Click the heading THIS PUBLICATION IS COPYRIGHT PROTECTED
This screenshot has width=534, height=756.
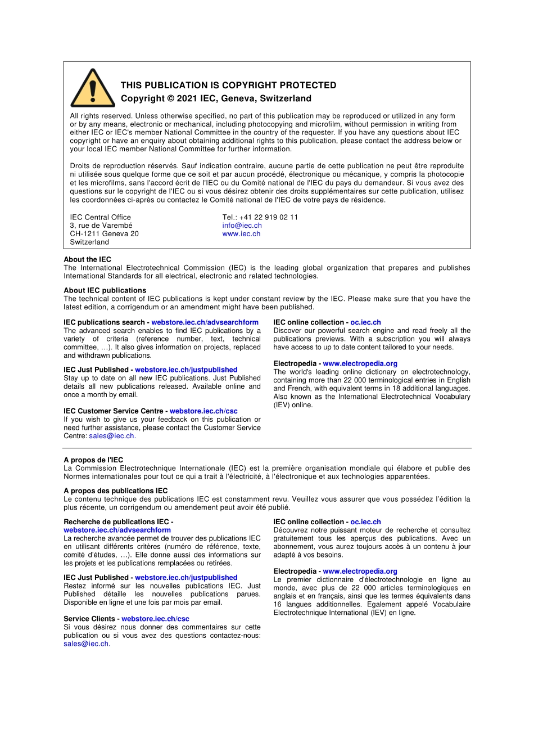coord(228,85)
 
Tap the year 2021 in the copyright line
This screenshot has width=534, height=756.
coord(187,98)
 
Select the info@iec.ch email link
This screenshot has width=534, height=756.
coord(242,226)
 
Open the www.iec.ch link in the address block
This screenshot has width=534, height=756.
coord(241,234)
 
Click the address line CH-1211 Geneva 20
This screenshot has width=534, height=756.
coord(104,234)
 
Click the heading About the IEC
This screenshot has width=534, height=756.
coord(87,259)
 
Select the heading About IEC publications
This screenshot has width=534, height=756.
coord(105,290)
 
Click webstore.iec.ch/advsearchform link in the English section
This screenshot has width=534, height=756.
coord(205,322)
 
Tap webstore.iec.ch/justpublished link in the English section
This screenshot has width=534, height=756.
coord(186,370)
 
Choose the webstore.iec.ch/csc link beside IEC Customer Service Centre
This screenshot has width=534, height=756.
coord(203,411)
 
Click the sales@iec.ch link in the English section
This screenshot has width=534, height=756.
coord(111,436)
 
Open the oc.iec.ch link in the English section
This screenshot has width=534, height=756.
coord(365,322)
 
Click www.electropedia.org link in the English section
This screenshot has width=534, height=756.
coord(360,363)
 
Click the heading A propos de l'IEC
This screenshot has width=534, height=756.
coord(93,460)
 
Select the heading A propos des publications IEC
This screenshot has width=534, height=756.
coord(115,490)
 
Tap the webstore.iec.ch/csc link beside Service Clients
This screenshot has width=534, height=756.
coord(155,619)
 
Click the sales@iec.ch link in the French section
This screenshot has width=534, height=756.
coord(86,644)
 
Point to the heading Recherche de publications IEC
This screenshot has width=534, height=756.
coord(116,522)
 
